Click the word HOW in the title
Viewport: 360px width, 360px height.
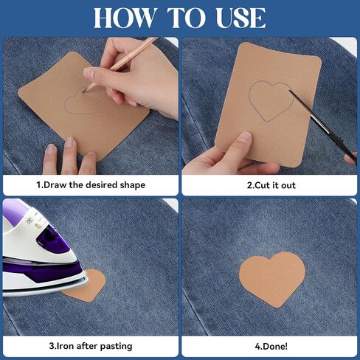pyautogui.click(x=124, y=18)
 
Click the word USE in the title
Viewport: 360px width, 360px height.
pyautogui.click(x=240, y=18)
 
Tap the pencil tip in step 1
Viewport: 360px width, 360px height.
pyautogui.click(x=84, y=91)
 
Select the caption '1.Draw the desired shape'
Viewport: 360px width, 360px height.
pyautogui.click(x=91, y=184)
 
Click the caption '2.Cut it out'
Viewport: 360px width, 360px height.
pyautogui.click(x=271, y=185)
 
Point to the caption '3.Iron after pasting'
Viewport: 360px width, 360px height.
pyautogui.click(x=91, y=346)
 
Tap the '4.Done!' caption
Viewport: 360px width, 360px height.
pyautogui.click(x=271, y=346)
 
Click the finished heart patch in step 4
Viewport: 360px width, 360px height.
pyautogui.click(x=272, y=279)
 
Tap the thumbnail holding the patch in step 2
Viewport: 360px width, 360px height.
pyautogui.click(x=245, y=137)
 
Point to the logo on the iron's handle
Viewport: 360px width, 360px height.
pyautogui.click(x=29, y=221)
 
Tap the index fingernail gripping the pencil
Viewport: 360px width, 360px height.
pyautogui.click(x=88, y=73)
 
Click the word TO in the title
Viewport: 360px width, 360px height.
pyautogui.click(x=185, y=18)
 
